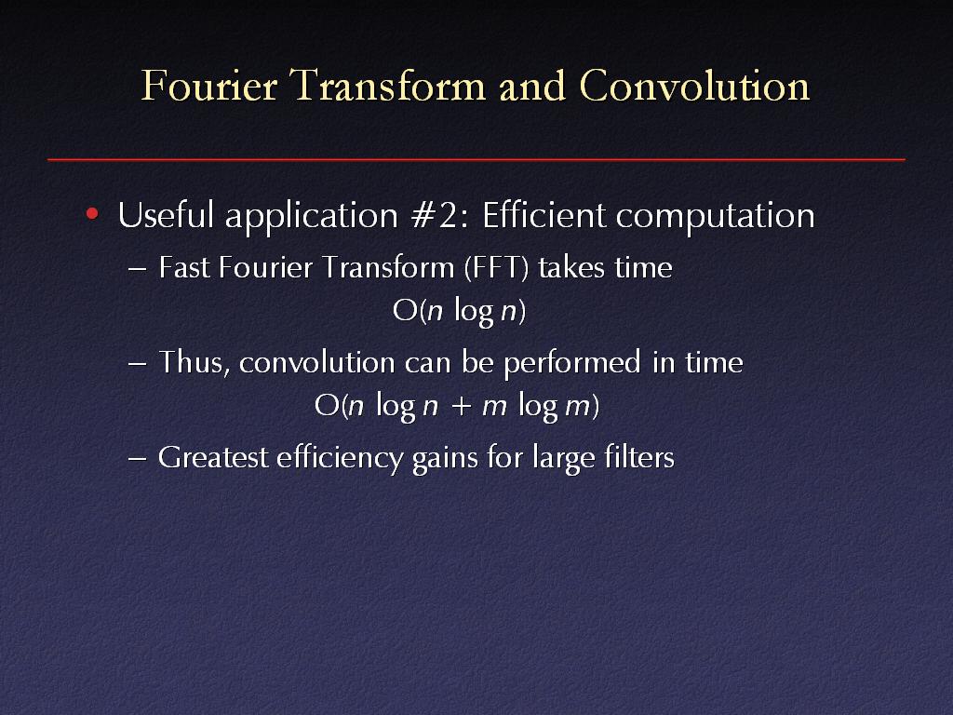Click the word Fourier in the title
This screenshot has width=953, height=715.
pyautogui.click(x=209, y=85)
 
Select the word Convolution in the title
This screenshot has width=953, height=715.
pyautogui.click(x=694, y=85)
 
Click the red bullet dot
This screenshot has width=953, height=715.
pyautogui.click(x=92, y=213)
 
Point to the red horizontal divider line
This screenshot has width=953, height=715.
pyautogui.click(x=476, y=159)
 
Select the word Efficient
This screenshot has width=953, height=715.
pyautogui.click(x=544, y=215)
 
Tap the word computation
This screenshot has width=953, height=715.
pyautogui.click(x=716, y=217)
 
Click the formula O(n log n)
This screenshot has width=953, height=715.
pyautogui.click(x=460, y=311)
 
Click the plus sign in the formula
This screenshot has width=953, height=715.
pyautogui.click(x=462, y=406)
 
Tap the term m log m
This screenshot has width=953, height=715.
pyautogui.click(x=536, y=406)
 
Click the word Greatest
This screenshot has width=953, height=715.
pyautogui.click(x=213, y=457)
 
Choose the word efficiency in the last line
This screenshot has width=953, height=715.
pyautogui.click(x=340, y=458)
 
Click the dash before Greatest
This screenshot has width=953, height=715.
pyautogui.click(x=138, y=459)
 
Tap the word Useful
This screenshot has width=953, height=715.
pyautogui.click(x=166, y=215)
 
